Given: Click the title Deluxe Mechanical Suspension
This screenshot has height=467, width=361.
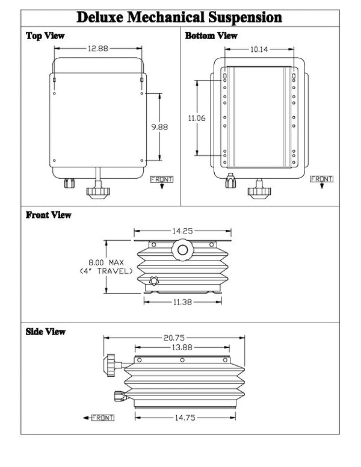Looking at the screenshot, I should pos(180,16).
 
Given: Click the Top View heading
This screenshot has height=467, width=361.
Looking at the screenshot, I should pos(45,36).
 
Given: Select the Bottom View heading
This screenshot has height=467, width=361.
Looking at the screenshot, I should pos(211,36).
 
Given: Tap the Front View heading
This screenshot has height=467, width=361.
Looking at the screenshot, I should pos(49,214).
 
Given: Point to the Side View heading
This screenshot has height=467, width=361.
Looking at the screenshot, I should pos(46,331).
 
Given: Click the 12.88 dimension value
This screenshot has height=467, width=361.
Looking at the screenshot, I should pos(97,49).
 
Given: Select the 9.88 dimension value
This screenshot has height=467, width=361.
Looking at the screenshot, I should pos(159,127).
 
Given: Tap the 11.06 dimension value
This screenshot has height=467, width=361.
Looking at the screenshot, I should pos(196,119).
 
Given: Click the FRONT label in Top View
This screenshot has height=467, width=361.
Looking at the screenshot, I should pos(161,179).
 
